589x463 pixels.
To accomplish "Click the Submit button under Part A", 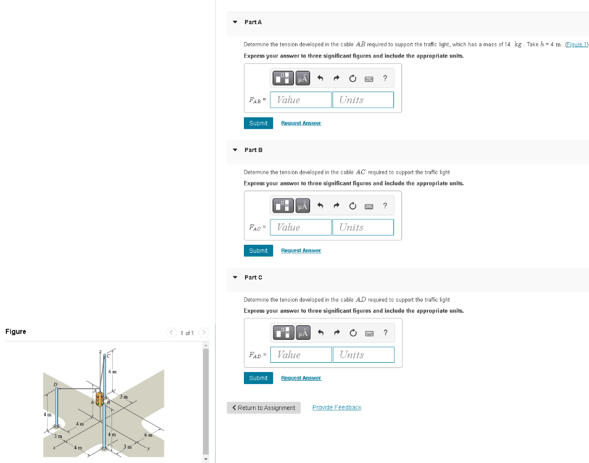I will pyautogui.click(x=258, y=123).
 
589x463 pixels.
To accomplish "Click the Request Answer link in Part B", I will pyautogui.click(x=301, y=251).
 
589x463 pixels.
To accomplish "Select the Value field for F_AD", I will pyautogui.click(x=301, y=355).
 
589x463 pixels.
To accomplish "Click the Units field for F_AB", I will pyautogui.click(x=362, y=100).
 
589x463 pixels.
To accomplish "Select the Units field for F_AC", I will pyautogui.click(x=362, y=227).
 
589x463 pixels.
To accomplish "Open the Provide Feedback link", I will pyautogui.click(x=336, y=408).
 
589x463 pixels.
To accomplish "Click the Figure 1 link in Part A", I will pyautogui.click(x=576, y=44).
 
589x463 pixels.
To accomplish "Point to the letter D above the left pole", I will pyautogui.click(x=56, y=384).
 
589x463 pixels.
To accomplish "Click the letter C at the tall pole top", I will pyautogui.click(x=108, y=356).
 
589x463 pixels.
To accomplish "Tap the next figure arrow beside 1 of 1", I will pyautogui.click(x=203, y=333).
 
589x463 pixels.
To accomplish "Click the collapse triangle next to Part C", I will pyautogui.click(x=235, y=278).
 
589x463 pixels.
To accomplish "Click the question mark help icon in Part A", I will pyautogui.click(x=385, y=77).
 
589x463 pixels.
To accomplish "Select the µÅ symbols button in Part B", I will pyautogui.click(x=303, y=205).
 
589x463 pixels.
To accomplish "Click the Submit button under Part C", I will pyautogui.click(x=258, y=378).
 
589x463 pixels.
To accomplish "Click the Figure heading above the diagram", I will pyautogui.click(x=16, y=332).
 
